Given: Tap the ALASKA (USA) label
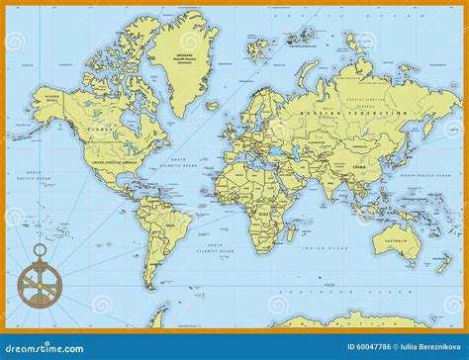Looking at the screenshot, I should [x=53, y=97].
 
